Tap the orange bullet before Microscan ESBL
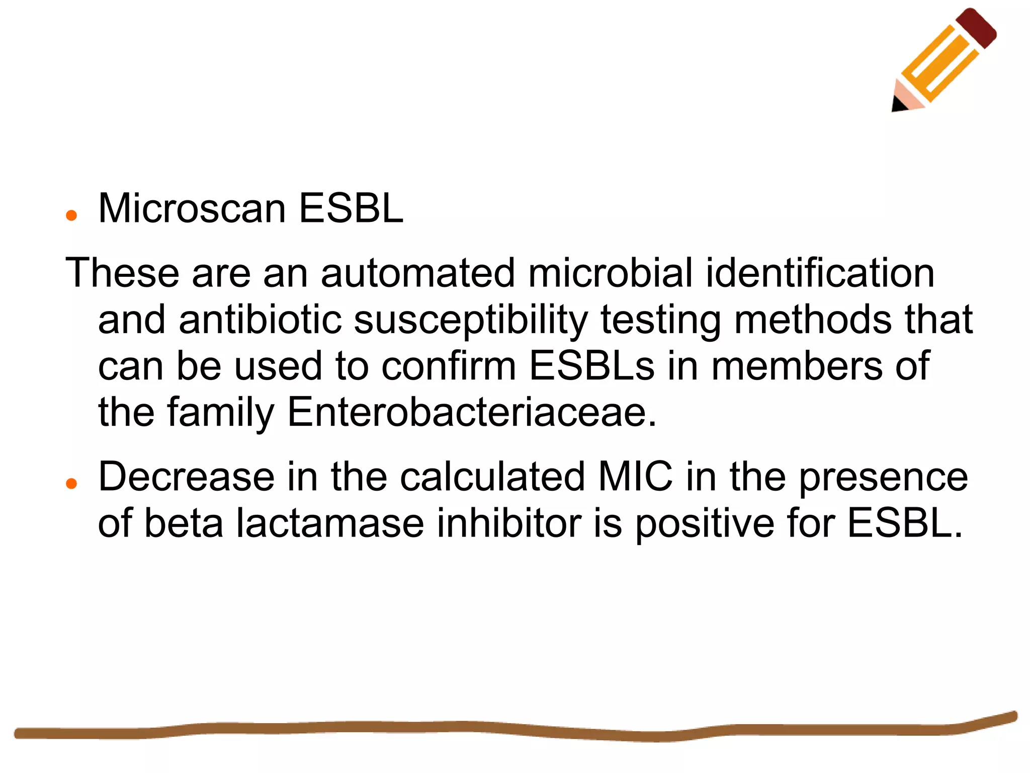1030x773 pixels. tap(71, 216)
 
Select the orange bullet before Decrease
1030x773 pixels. tap(71, 484)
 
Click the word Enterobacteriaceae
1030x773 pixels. tap(472, 412)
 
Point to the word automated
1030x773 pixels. tap(418, 273)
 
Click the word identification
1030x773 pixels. tap(820, 273)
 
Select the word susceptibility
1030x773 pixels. tap(471, 321)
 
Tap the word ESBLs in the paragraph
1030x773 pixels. tap(592, 366)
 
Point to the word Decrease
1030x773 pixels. tap(186, 477)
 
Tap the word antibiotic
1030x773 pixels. tap(260, 320)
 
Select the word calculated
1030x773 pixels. tap(492, 477)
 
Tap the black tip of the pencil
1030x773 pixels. tap(898, 104)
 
